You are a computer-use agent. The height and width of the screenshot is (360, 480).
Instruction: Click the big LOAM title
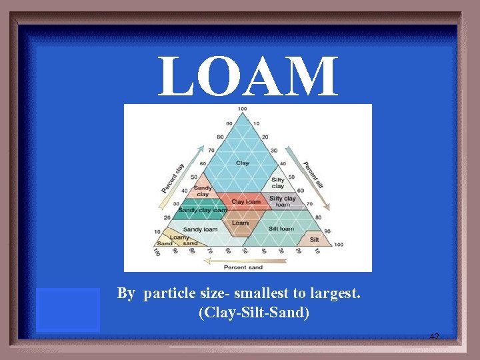(247, 77)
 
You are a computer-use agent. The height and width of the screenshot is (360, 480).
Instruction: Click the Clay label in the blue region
(243, 163)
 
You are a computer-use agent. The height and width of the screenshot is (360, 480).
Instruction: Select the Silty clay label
(278, 182)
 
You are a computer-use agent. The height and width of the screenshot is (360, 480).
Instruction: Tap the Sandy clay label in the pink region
(203, 191)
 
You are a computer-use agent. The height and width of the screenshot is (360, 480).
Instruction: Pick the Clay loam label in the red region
(245, 202)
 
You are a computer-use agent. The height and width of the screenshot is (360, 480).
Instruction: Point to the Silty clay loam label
(283, 201)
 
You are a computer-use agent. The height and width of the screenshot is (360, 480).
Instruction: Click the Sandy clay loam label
(203, 210)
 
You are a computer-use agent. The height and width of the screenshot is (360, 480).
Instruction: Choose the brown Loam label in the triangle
(240, 223)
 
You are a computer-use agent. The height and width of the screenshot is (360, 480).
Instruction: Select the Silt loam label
(281, 229)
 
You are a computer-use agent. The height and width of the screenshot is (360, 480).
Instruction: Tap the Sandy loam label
(201, 229)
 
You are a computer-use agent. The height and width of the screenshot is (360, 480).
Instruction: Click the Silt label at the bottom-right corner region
(314, 239)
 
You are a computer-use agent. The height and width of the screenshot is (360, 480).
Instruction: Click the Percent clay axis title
(173, 169)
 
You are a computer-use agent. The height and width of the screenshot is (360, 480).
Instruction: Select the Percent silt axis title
(313, 175)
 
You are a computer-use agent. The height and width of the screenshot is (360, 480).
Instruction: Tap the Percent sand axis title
(243, 267)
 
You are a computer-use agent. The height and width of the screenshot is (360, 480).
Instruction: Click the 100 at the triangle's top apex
(242, 109)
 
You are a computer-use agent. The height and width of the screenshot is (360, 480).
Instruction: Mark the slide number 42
(434, 337)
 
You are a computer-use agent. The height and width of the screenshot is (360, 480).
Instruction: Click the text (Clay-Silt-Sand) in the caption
(253, 312)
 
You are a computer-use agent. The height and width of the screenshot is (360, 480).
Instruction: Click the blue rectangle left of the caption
(68, 309)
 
